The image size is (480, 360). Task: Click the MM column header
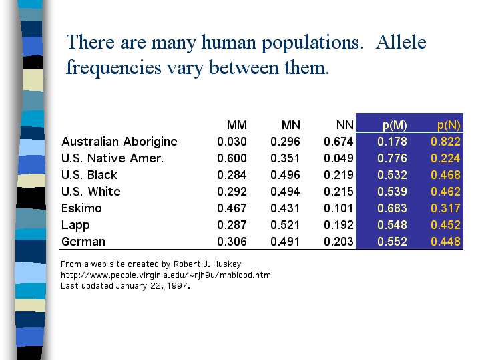click(x=236, y=125)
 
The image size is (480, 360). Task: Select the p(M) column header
click(x=395, y=125)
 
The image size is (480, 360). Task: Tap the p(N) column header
click(x=449, y=125)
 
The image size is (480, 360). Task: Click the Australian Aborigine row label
click(x=119, y=142)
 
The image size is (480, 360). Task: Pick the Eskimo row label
click(x=81, y=208)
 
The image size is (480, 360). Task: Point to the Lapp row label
click(x=75, y=225)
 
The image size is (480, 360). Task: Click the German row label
click(x=83, y=242)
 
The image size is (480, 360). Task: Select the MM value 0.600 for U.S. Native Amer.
click(x=232, y=158)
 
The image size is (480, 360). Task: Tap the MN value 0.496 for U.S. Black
click(x=285, y=175)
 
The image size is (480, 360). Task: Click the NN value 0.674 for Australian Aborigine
click(x=338, y=142)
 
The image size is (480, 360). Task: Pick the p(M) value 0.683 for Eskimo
click(x=392, y=208)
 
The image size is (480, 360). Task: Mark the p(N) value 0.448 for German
click(x=445, y=242)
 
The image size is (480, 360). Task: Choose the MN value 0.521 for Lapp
click(x=285, y=225)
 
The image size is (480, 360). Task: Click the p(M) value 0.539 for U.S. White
click(x=392, y=192)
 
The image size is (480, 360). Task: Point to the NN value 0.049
click(x=338, y=158)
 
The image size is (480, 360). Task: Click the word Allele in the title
click(x=401, y=42)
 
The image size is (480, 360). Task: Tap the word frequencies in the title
click(x=113, y=67)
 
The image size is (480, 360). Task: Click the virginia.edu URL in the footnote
click(x=167, y=275)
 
